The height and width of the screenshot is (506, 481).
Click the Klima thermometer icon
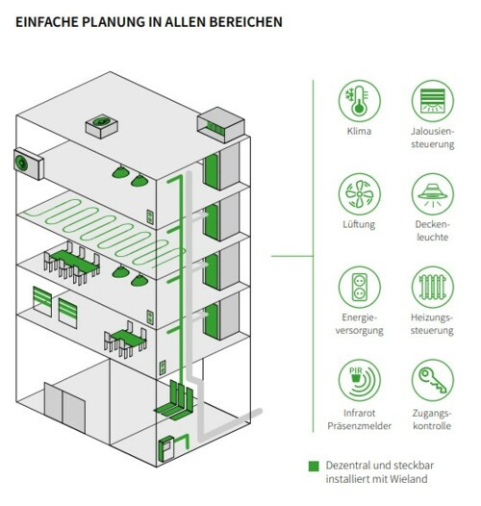point(359,101)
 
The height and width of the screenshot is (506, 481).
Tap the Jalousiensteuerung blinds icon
point(433,101)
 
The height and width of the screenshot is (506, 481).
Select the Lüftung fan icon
point(359,194)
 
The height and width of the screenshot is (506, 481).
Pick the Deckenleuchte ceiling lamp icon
point(433,194)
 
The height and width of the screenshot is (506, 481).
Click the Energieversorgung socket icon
point(359,287)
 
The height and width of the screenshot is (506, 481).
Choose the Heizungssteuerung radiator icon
point(433,287)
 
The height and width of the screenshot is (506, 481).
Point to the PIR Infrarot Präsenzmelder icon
point(359,380)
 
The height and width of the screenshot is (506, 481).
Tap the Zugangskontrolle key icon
point(433,380)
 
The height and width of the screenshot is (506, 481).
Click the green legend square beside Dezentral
point(314,466)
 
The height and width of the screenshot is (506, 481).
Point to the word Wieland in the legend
point(408,478)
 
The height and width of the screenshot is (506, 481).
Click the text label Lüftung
point(359,224)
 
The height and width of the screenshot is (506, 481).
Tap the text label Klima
point(359,131)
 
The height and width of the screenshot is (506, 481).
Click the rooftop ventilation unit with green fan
point(101,126)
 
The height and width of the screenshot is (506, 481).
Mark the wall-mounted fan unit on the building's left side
point(29,164)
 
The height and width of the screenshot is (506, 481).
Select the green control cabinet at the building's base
point(165,449)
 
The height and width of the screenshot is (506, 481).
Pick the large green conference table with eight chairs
point(72,263)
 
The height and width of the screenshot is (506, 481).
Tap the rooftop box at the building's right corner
point(221,125)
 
